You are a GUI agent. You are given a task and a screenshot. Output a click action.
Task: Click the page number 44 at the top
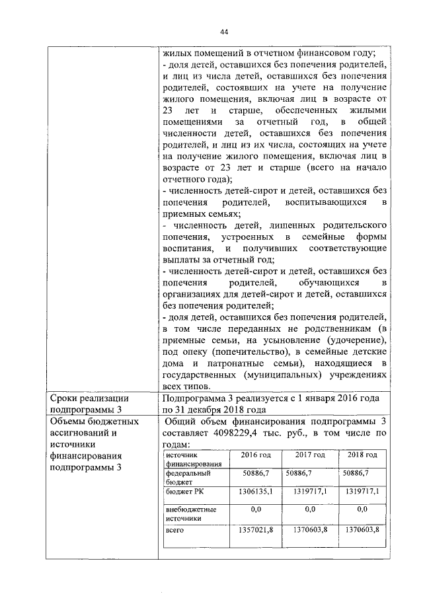click(x=223, y=32)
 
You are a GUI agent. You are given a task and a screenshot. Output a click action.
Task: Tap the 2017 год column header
click(x=309, y=456)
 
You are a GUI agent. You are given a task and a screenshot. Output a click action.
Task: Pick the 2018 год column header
click(x=362, y=456)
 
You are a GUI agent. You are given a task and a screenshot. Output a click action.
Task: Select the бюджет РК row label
click(x=185, y=493)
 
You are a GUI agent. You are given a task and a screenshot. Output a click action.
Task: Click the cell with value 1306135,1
click(x=255, y=492)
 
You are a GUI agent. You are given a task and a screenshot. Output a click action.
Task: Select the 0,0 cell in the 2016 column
click(x=255, y=510)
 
